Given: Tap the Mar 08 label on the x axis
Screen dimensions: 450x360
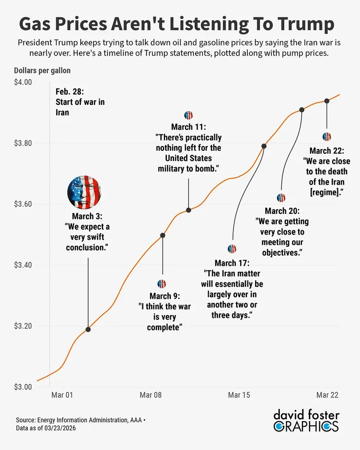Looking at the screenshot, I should point(151,395).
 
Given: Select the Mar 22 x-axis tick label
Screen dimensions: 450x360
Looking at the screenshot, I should point(327,395).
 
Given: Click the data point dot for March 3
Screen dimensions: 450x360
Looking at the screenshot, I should point(88,329).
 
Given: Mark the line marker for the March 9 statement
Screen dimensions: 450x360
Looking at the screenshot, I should point(163,236).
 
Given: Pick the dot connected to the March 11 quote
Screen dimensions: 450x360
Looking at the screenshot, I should point(189,210).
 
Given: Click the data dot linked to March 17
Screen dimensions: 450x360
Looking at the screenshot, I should point(264,146).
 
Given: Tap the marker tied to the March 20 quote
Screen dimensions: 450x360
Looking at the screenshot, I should point(302,110).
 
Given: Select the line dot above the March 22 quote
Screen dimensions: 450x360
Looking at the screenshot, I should point(327,101).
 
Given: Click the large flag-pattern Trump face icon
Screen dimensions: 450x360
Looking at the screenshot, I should point(84,191).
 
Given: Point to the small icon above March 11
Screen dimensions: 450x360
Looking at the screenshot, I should point(188,115).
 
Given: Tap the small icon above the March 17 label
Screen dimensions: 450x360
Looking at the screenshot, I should point(232,249).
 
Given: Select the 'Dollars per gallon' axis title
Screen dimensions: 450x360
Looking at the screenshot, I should point(42,70).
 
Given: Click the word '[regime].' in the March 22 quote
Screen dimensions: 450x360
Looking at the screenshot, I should point(327,192).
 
